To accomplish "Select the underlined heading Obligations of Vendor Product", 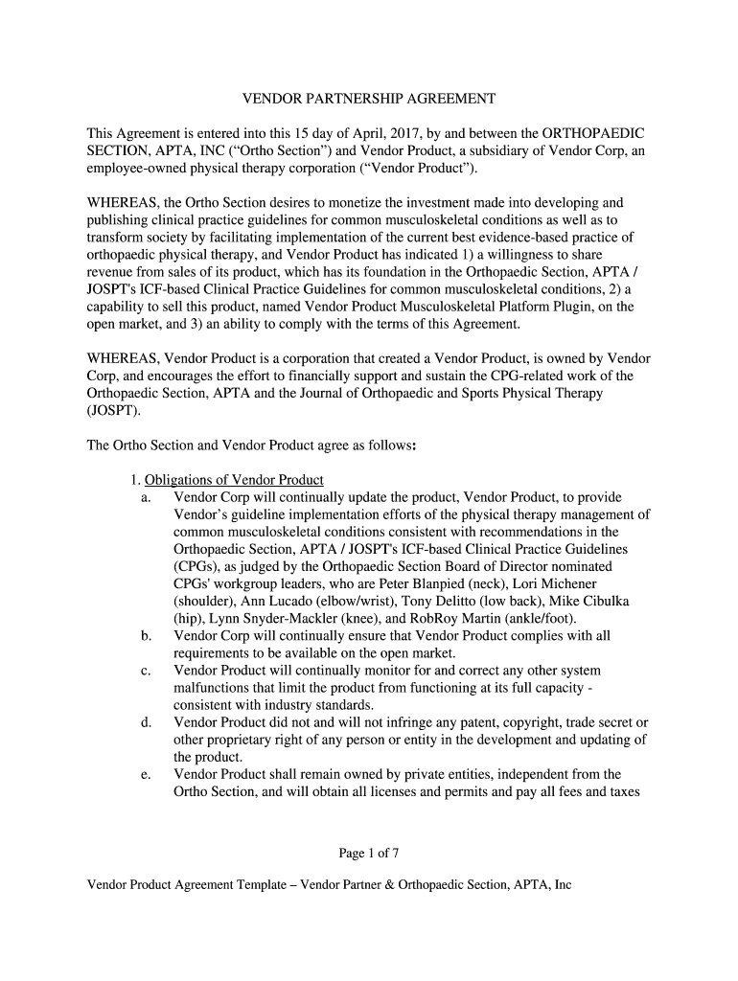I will coord(234,479).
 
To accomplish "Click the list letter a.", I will coord(146,497).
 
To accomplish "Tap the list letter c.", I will coord(146,671).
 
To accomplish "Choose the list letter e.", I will coord(146,774).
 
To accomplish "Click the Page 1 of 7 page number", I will coord(368,853).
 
